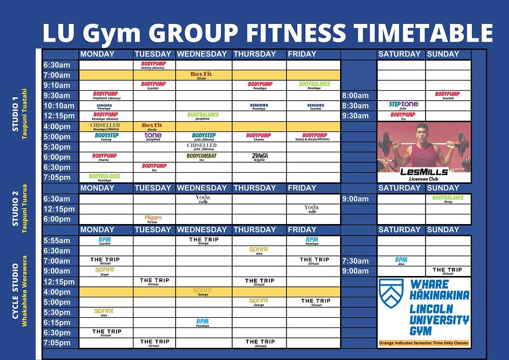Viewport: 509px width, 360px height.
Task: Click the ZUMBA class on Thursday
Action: [x=259, y=156]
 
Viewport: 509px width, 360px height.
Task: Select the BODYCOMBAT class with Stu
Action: [x=202, y=156]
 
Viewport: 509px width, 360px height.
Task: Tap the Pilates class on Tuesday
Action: [x=153, y=218]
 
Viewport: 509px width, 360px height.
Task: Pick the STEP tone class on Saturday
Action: [x=403, y=105]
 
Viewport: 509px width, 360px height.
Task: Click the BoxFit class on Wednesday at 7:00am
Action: [x=201, y=74]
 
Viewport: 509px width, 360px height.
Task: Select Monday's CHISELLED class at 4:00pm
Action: [x=105, y=126]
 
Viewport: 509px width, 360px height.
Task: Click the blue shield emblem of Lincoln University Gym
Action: [x=391, y=291]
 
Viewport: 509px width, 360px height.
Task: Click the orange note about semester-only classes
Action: [x=424, y=343]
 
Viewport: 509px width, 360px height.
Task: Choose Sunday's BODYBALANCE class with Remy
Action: [x=448, y=198]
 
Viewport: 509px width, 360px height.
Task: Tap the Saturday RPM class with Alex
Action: [x=401, y=261]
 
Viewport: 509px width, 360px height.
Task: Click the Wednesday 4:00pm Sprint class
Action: [x=203, y=291]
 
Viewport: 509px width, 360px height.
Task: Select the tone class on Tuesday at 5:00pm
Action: [x=153, y=136]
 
